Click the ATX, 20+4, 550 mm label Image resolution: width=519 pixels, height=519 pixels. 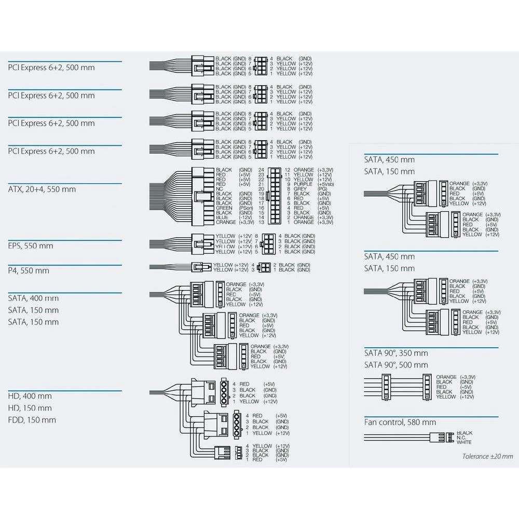pyautogui.click(x=42, y=189)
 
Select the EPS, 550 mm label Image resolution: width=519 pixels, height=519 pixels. pyautogui.click(x=30, y=245)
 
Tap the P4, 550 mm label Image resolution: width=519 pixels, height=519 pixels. pyautogui.click(x=29, y=270)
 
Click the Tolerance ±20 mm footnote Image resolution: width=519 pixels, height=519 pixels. pyautogui.click(x=487, y=456)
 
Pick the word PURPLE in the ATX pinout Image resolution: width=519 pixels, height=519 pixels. pyautogui.click(x=303, y=184)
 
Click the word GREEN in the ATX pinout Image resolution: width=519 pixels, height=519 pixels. pyautogui.click(x=224, y=208)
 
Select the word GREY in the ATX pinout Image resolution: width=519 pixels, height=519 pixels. pyautogui.click(x=301, y=189)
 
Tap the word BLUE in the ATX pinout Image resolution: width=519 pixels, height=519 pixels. pyautogui.click(x=224, y=217)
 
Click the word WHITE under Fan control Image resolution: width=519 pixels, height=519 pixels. pyautogui.click(x=465, y=442)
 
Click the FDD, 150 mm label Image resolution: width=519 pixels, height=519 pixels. pyautogui.click(x=32, y=420)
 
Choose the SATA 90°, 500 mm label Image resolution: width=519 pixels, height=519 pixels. pyautogui.click(x=396, y=365)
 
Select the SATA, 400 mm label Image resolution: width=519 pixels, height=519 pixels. pyautogui.click(x=33, y=298)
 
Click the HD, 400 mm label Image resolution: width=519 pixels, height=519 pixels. pyautogui.click(x=30, y=396)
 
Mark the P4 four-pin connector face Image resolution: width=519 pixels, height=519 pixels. pyautogui.click(x=263, y=268)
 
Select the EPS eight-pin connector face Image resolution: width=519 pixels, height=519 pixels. pyautogui.click(x=268, y=244)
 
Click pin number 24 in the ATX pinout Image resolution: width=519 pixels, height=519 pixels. pyautogui.click(x=261, y=170)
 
